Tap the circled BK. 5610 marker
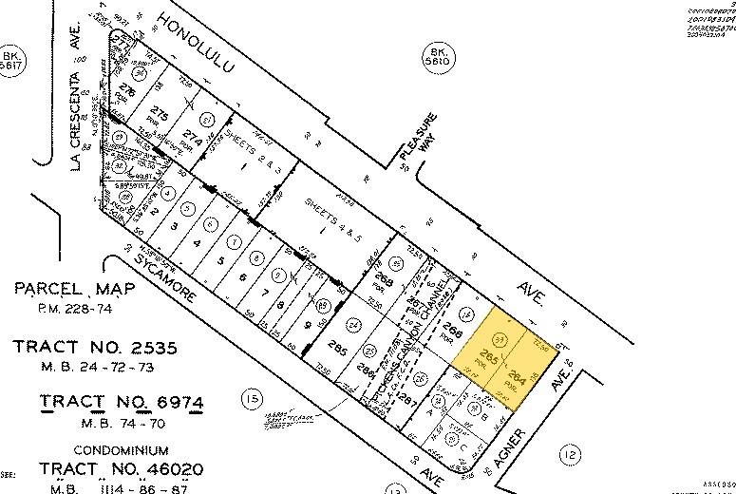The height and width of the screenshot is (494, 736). pos(438,56)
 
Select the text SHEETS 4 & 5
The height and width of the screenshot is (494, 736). pos(328,215)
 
